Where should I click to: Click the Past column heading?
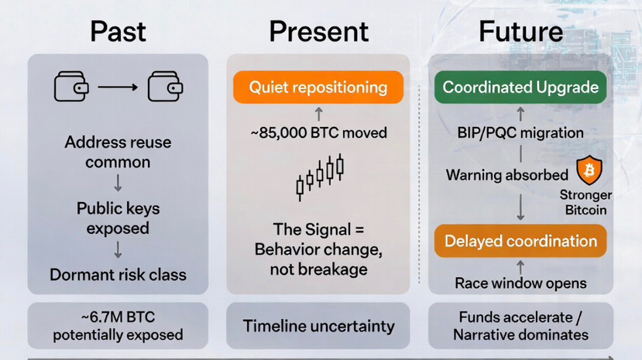118,32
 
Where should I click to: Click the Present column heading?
318,32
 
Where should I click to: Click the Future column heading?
520,32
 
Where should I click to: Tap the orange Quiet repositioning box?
318,87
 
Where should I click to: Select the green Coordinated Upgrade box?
520,87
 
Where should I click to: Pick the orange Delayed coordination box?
520,241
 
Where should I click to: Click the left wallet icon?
71,87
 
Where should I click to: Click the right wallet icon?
165,87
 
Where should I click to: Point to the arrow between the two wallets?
118,87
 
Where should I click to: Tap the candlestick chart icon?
319,177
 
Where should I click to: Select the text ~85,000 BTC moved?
318,132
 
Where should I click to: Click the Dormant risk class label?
118,275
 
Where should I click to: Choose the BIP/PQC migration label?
520,132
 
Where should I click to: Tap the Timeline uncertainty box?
318,326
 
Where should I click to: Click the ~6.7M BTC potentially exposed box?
118,326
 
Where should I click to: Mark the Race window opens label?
520,283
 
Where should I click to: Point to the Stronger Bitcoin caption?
585,202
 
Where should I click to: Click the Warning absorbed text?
507,175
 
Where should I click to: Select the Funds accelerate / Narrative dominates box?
520,326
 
